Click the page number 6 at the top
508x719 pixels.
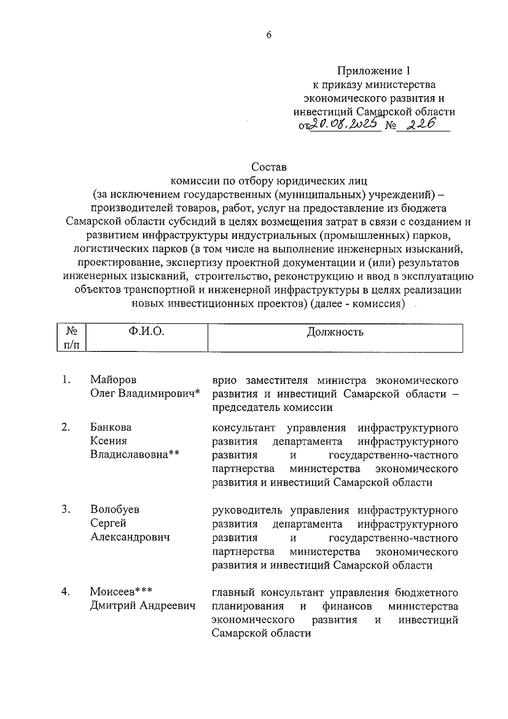point(269,35)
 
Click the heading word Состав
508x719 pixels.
point(269,167)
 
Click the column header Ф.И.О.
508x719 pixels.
point(146,332)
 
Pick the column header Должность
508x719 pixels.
point(335,332)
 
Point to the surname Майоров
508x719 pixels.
point(113,380)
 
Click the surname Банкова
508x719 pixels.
point(111,427)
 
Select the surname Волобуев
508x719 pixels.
point(115,509)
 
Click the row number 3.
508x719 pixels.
point(65,509)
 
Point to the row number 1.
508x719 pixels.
point(65,380)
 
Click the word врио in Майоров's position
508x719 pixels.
point(224,380)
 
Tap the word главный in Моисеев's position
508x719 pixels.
point(232,592)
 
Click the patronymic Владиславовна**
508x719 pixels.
point(135,455)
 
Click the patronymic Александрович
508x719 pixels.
point(130,537)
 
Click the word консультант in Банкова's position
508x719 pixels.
point(243,428)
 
